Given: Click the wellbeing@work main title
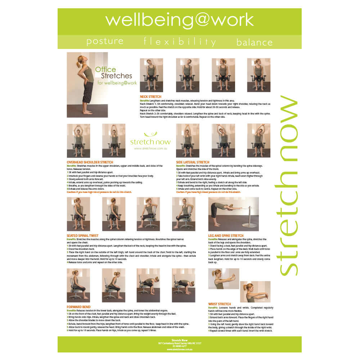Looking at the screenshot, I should tap(179, 21).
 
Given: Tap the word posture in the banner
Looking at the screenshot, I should tap(105, 41).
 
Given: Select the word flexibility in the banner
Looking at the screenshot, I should tap(180, 41).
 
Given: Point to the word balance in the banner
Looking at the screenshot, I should tap(254, 42).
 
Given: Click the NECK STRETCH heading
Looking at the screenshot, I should tap(150, 97).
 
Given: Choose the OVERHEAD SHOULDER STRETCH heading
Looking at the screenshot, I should tap(90, 162).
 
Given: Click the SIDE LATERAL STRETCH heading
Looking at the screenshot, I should tap(193, 162).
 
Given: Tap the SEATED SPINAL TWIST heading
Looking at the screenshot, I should tap(82, 236).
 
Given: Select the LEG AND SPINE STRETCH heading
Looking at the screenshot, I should tap(226, 236).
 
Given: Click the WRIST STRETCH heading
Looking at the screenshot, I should tap(220, 304).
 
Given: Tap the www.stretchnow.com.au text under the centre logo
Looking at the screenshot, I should tap(150, 148).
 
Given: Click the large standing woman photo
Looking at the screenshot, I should tap(87, 85).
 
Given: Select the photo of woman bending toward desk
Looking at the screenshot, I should tap(233, 214).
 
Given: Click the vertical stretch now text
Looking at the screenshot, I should tap(288, 185).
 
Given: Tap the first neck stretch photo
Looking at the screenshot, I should tap(151, 75).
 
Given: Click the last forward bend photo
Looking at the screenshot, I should tap(184, 285).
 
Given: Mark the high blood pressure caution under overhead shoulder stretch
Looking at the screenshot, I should tap(99, 192).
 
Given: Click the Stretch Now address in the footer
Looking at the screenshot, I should tap(180, 343).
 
